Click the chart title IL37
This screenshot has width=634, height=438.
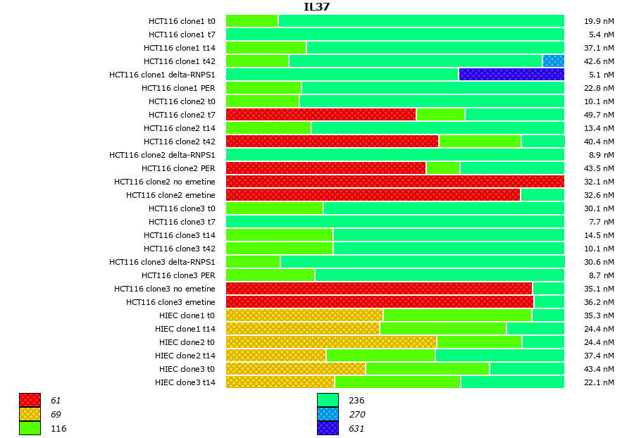click(x=316, y=7)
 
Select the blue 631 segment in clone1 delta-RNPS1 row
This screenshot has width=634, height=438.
click(x=511, y=74)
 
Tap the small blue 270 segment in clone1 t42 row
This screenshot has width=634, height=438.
click(x=553, y=61)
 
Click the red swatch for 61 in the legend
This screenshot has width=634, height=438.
click(x=30, y=401)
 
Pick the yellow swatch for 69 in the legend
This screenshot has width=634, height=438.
click(x=30, y=414)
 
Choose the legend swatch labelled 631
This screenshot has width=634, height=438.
click(x=328, y=428)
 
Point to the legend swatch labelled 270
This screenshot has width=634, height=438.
click(x=328, y=414)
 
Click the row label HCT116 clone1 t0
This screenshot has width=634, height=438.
click(x=182, y=21)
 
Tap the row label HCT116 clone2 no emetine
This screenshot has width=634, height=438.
click(x=165, y=182)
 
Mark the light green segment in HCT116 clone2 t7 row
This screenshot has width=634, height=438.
click(x=440, y=115)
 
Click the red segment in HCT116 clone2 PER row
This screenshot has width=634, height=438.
click(x=325, y=168)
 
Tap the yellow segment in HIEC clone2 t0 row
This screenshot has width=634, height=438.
click(x=331, y=342)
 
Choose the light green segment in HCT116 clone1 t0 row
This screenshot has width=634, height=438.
click(x=251, y=21)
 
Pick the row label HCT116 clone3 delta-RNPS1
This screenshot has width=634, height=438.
click(x=162, y=262)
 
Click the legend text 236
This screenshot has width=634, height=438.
click(x=356, y=401)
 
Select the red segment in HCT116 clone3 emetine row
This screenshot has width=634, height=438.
click(x=380, y=302)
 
